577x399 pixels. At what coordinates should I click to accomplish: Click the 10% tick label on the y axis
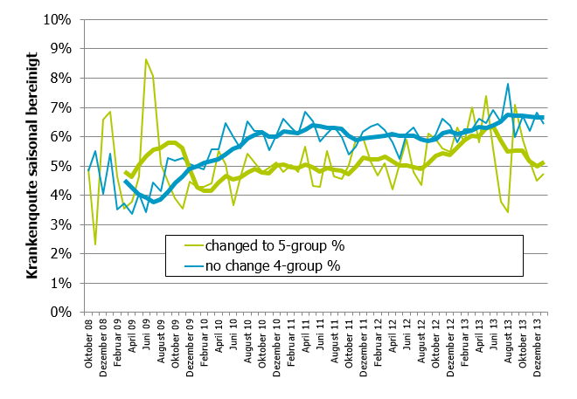coord(55,19)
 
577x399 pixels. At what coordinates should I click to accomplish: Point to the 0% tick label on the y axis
coord(59,312)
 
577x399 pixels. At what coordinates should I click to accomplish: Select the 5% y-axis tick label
coord(59,166)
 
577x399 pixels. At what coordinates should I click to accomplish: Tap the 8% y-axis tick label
coord(59,78)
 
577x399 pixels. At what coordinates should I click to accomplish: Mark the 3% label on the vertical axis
coord(59,224)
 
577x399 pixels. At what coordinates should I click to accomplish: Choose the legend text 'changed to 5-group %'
coord(261,245)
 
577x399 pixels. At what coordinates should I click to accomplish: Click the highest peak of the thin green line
coord(146,59)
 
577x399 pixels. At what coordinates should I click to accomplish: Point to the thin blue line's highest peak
coord(508,84)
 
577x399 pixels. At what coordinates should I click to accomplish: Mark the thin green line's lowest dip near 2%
coord(95,244)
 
